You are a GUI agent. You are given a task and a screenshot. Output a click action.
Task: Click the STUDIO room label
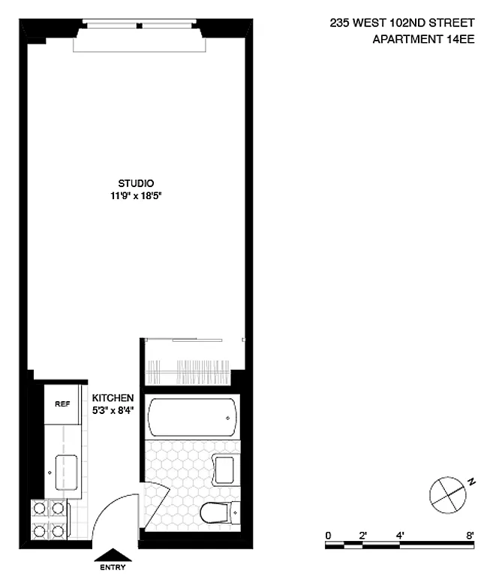tap(136, 183)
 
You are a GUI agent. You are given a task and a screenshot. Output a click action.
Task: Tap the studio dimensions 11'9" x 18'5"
tap(136, 196)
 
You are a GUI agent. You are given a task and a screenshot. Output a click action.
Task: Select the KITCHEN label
tap(113, 397)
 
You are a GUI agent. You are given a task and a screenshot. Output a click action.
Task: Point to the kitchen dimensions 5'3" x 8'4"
tap(113, 410)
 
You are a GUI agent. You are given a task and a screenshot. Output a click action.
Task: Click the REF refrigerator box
tap(62, 404)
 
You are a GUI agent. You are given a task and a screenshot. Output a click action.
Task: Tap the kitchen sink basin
tap(67, 473)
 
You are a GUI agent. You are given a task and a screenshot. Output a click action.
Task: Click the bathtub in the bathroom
tap(192, 417)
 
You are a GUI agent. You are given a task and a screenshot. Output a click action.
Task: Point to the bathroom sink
tap(225, 470)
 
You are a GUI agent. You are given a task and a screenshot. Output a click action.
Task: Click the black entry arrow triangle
tap(113, 555)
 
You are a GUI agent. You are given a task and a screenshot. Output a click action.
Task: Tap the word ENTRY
tap(113, 567)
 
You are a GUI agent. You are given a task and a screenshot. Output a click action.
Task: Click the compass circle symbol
tap(448, 495)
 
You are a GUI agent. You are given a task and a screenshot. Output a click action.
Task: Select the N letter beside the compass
tap(471, 482)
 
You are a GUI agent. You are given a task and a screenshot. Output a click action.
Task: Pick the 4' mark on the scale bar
tap(400, 536)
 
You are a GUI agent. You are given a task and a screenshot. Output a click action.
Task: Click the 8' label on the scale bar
tap(470, 536)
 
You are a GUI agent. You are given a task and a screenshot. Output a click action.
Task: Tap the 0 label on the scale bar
tap(328, 536)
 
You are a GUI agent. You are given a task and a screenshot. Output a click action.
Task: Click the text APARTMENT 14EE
tap(423, 39)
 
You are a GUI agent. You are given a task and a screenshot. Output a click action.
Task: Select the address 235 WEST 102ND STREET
tap(402, 23)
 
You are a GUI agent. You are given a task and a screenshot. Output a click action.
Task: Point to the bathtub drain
tap(228, 418)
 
